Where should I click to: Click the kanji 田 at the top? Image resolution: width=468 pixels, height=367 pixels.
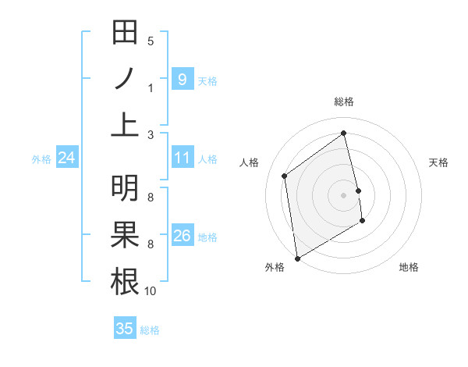pos(126,33)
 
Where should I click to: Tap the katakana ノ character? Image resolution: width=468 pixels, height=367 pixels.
pos(126,79)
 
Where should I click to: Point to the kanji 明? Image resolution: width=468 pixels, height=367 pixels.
pos(126,188)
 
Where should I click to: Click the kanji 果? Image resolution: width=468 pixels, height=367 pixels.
pos(126,235)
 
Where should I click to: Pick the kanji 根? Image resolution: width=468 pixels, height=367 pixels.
pos(126,281)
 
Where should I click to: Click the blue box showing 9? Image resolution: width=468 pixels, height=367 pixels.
pos(182,79)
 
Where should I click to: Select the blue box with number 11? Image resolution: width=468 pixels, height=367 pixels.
pos(182,158)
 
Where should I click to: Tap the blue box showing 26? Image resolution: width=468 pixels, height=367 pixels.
pos(182,235)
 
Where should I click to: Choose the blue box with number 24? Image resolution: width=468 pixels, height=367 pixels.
pos(66,158)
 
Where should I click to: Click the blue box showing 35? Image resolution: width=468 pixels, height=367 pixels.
pos(125,329)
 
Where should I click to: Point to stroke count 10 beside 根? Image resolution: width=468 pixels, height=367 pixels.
pos(151,291)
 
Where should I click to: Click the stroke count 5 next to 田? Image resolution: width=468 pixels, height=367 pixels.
pos(151,41)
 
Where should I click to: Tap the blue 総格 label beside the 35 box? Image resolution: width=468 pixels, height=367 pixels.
pos(150,330)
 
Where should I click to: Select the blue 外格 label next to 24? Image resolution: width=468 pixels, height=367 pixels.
pos(41,159)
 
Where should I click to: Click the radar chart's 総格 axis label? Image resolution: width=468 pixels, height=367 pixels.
pos(344,102)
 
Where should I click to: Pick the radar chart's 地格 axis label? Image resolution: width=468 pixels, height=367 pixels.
pos(409,267)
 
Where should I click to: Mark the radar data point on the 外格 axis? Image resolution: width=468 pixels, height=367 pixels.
pos(297,258)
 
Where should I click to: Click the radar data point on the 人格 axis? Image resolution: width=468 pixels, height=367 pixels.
pos(285,176)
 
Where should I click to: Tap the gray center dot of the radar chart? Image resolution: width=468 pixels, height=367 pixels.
pos(344,194)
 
